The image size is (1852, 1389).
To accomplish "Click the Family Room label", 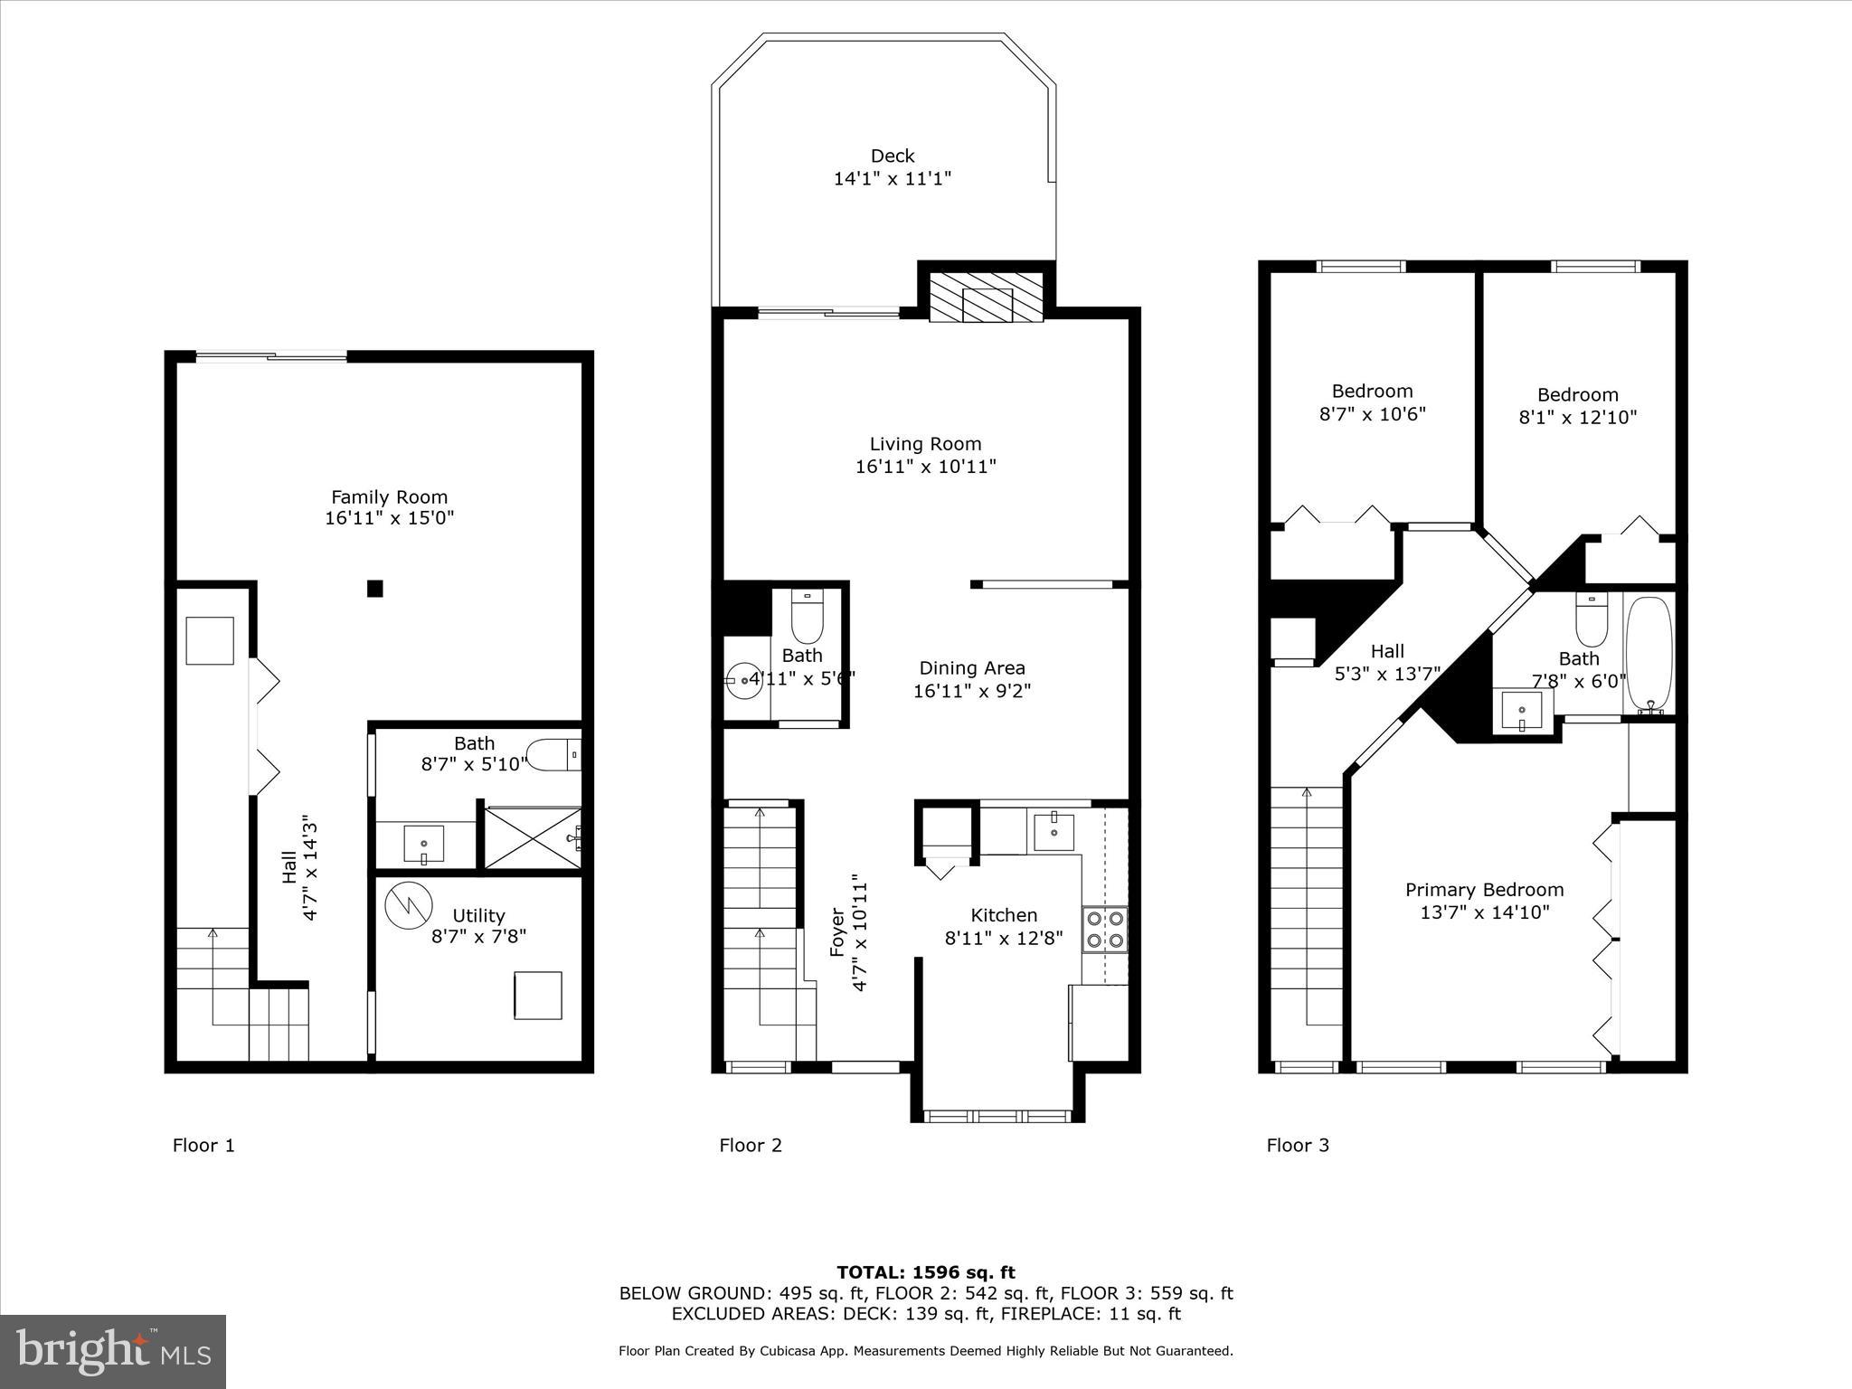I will coord(389,496).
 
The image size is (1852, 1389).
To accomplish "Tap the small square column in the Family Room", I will coord(375,589).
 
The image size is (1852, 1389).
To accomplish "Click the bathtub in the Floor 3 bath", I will coord(1650,655).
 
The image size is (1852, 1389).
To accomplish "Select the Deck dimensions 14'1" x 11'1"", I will coord(892,179).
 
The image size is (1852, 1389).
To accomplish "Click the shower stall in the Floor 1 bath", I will coord(533,838).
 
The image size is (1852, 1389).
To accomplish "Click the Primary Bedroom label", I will coord(1484,890).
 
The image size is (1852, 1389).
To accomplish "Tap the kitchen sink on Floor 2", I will coord(1054,829).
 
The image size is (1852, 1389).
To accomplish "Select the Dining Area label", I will coord(972,668).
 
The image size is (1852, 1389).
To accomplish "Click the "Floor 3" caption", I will coord(1298,1146).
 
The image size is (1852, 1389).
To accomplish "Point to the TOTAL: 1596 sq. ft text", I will coord(925,1272).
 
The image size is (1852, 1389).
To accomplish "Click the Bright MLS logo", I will coord(113,1351).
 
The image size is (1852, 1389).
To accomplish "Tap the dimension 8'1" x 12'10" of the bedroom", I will coord(1577,418).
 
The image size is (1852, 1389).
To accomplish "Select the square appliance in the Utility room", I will coord(538,996).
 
